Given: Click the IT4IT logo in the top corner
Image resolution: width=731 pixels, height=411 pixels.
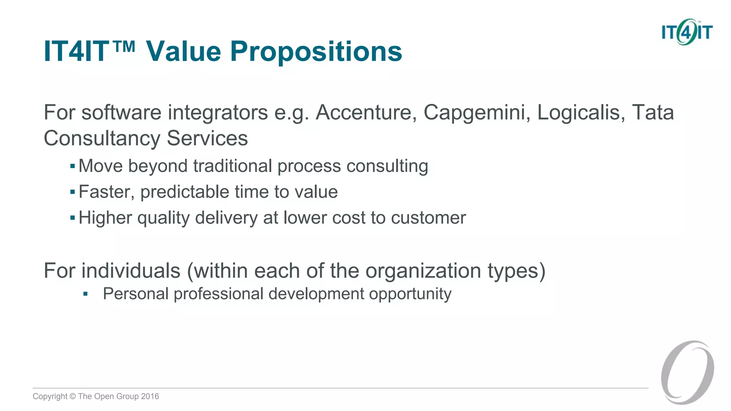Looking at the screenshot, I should point(687,32).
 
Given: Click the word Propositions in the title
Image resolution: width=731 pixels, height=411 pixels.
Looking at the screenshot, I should point(316,52).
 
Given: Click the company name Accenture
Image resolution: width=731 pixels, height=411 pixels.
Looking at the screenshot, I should point(366,113).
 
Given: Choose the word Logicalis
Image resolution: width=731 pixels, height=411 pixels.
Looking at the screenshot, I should point(581,113).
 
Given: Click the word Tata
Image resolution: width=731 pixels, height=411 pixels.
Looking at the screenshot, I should point(653,113).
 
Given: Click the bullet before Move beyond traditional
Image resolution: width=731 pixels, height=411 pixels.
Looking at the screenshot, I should point(72,166).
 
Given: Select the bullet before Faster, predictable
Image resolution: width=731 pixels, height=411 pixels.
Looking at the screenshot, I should point(72,192).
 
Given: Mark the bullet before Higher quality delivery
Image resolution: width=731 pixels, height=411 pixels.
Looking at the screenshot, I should point(72,218).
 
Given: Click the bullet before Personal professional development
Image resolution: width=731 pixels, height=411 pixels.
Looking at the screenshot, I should point(85,294).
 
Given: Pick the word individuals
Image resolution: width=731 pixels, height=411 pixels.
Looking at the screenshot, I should point(131,271).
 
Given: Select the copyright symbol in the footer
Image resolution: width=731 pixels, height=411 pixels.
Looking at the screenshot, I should point(73,396).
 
